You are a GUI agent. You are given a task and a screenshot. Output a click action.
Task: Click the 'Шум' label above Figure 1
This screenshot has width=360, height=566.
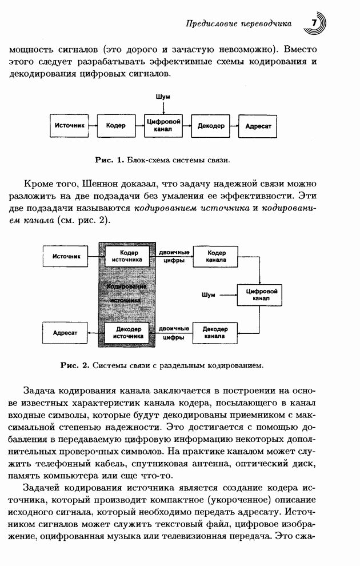tap(163, 98)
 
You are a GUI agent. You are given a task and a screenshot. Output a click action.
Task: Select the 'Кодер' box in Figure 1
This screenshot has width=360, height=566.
tap(116, 125)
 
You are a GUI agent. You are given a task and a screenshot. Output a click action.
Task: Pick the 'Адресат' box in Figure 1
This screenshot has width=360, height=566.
tap(258, 125)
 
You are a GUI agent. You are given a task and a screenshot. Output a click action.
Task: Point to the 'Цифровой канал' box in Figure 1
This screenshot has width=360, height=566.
tap(163, 125)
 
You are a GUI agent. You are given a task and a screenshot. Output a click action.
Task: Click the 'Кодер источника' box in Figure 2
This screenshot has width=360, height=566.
tap(127, 256)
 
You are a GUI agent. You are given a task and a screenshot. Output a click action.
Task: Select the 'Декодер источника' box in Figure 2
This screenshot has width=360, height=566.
tap(127, 333)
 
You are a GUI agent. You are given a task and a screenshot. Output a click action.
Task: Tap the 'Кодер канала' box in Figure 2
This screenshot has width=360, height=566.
tap(216, 256)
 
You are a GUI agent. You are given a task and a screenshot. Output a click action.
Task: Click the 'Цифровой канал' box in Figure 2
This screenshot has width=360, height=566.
tap(261, 294)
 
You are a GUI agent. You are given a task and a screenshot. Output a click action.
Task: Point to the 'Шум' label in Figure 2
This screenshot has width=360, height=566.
tap(209, 295)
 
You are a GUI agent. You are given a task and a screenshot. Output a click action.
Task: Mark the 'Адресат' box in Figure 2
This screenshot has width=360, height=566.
tap(65, 333)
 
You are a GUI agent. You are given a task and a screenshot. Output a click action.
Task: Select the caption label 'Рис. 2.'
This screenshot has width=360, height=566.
tap(75, 364)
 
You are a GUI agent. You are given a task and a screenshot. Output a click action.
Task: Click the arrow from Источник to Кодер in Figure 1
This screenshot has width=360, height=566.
tap(95, 125)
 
